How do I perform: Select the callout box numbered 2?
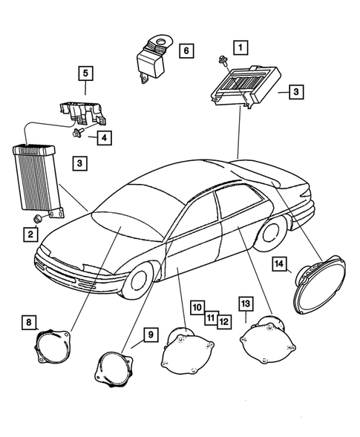click(x=30, y=234)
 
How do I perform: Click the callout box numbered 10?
click(x=197, y=306)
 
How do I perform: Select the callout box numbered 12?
click(x=223, y=321)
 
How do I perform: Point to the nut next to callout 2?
click(x=37, y=219)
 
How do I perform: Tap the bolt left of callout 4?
click(x=79, y=134)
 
